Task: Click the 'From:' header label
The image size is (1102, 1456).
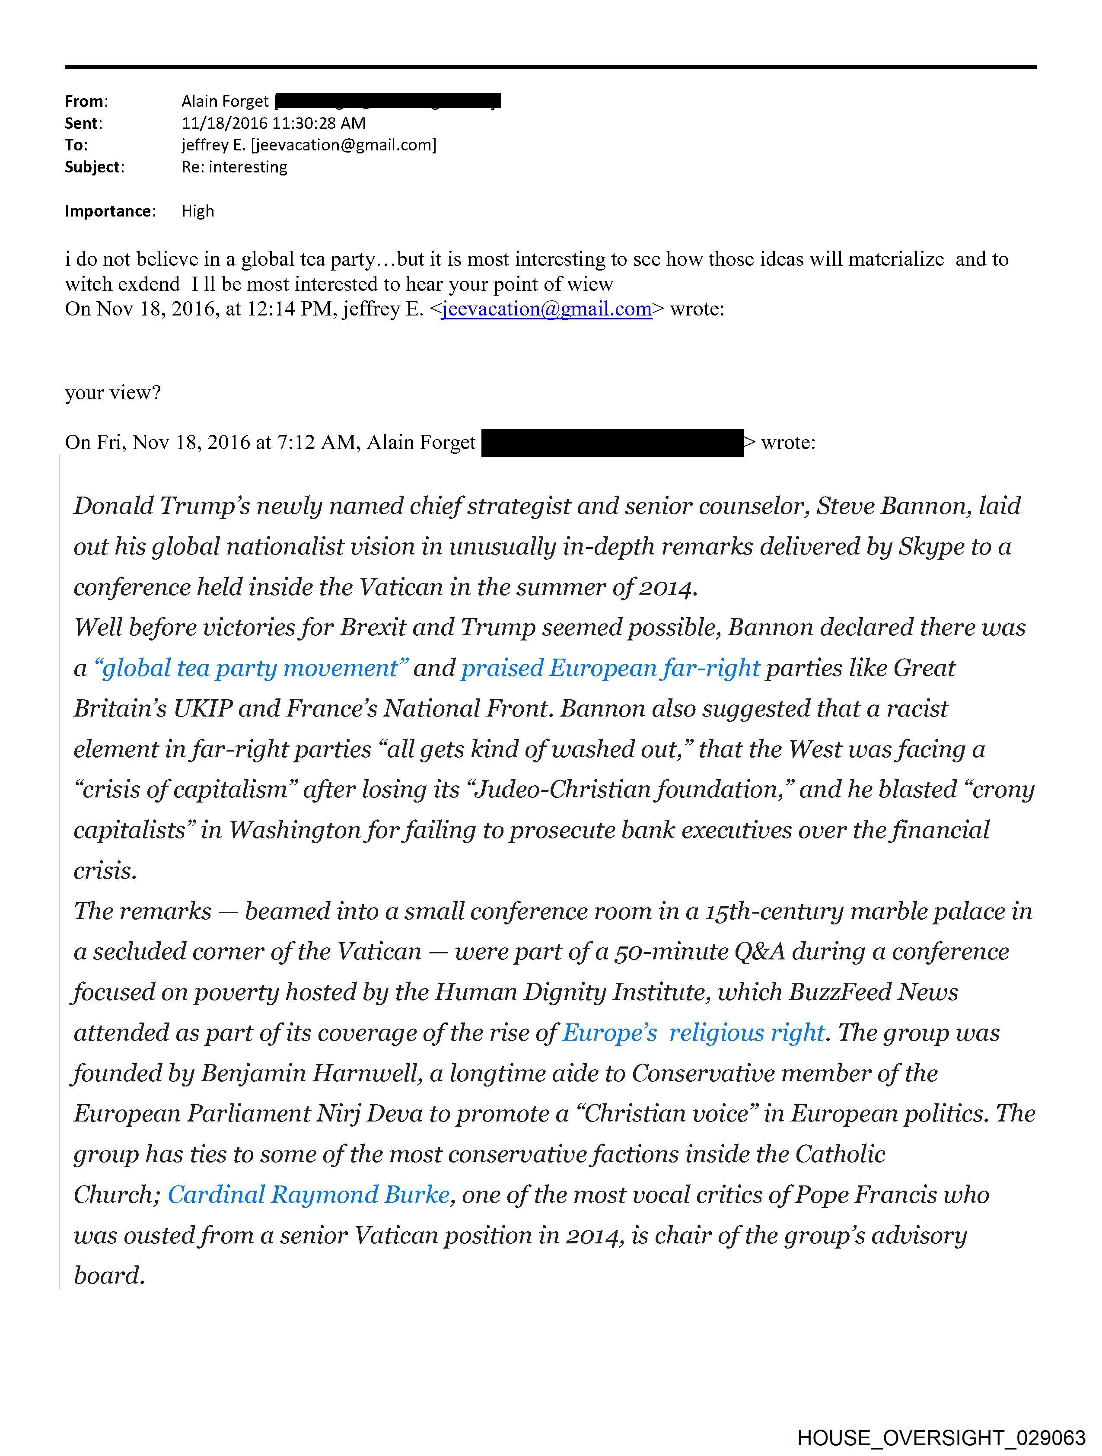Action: pyautogui.click(x=86, y=102)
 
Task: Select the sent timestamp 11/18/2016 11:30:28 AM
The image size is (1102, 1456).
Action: pyautogui.click(x=273, y=123)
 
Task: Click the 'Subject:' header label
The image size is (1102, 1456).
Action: pyautogui.click(x=94, y=167)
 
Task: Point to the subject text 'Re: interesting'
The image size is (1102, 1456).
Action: pyautogui.click(x=234, y=167)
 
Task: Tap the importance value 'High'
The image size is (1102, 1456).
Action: pyautogui.click(x=197, y=211)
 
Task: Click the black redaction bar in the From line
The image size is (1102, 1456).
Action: pyautogui.click(x=388, y=101)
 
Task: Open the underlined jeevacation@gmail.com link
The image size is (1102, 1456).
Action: pyautogui.click(x=546, y=309)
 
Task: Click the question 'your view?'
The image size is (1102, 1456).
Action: pyautogui.click(x=112, y=393)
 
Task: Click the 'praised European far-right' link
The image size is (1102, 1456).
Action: pyautogui.click(x=610, y=668)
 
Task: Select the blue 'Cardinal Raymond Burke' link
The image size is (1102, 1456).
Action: pyautogui.click(x=309, y=1195)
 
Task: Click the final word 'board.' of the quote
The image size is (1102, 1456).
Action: pyautogui.click(x=109, y=1276)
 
